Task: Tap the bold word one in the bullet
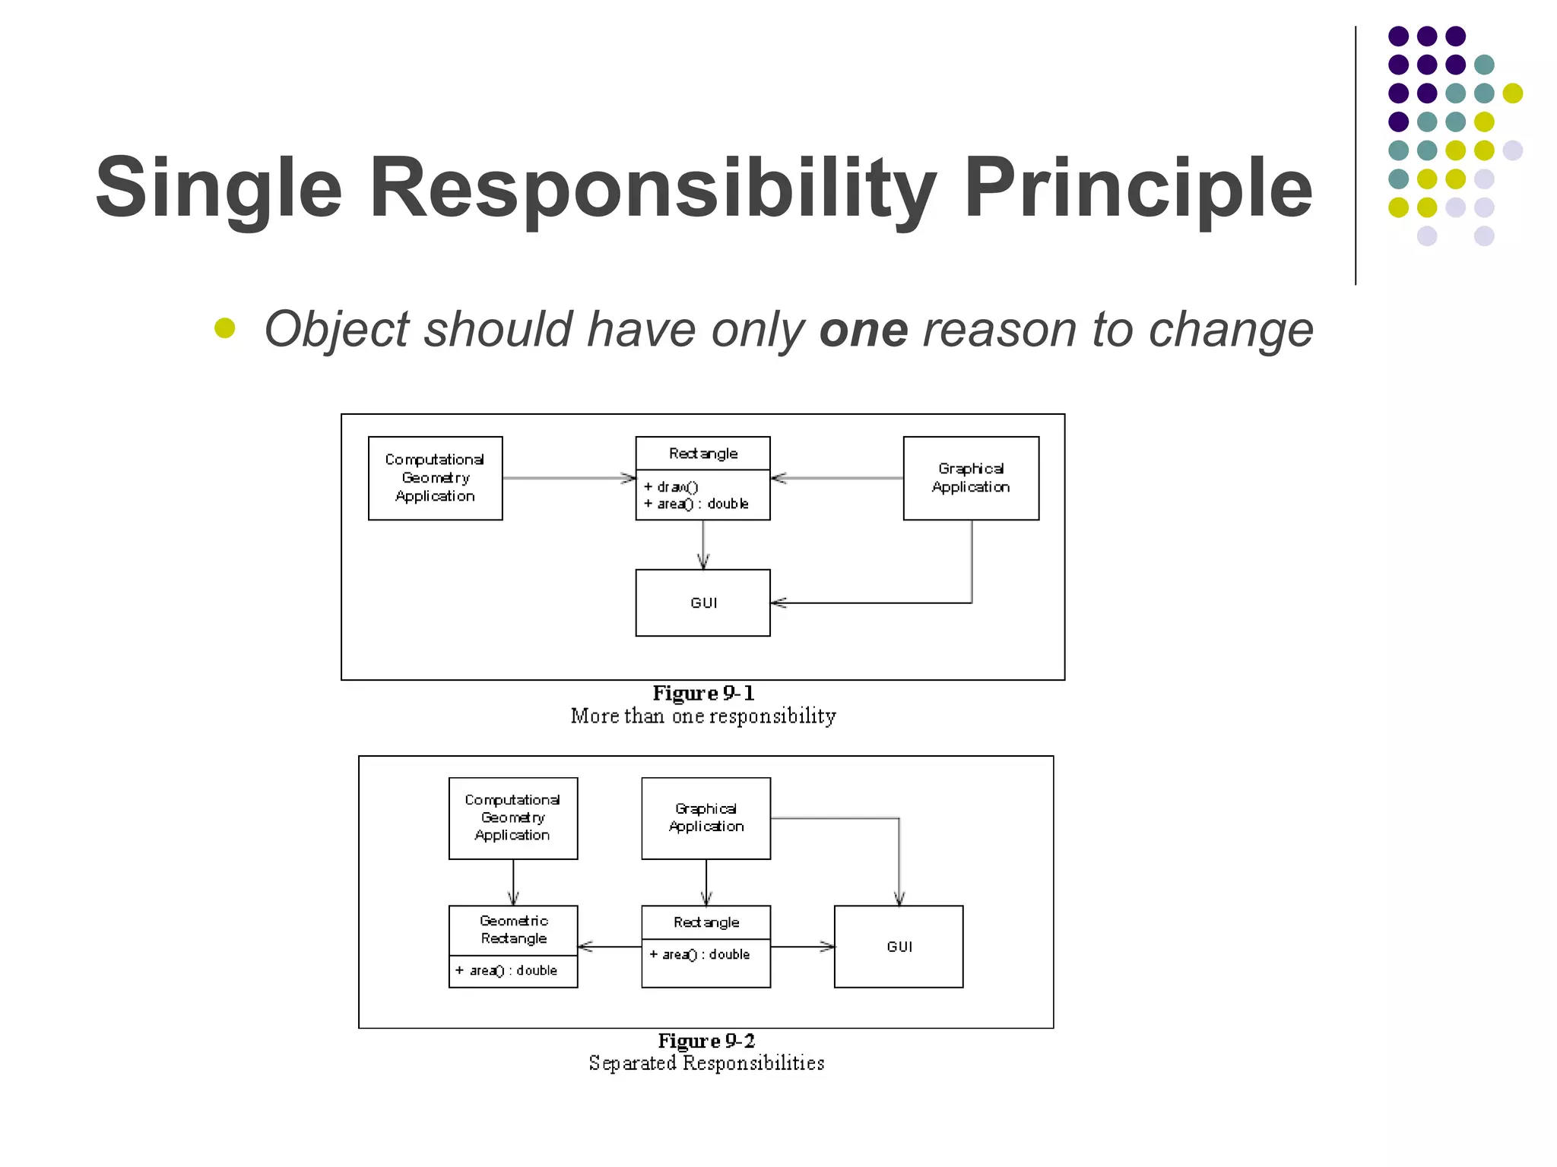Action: (x=863, y=330)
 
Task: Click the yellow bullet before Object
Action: (x=225, y=327)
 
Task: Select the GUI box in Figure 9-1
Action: (x=702, y=602)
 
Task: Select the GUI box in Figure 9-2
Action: (x=899, y=946)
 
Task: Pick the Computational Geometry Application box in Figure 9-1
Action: (x=435, y=478)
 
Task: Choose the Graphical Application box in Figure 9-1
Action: (x=971, y=478)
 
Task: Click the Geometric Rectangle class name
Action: (x=513, y=929)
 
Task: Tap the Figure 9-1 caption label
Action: (x=703, y=693)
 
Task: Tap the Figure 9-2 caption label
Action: (x=706, y=1040)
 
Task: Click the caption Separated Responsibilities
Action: (x=706, y=1063)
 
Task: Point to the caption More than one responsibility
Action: (x=703, y=716)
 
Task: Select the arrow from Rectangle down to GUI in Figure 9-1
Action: (x=703, y=545)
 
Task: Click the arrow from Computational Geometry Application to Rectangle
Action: (x=569, y=478)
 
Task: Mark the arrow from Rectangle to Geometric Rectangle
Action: (x=610, y=947)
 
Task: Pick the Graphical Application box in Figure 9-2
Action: (x=706, y=818)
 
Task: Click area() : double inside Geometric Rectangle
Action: (x=513, y=970)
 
